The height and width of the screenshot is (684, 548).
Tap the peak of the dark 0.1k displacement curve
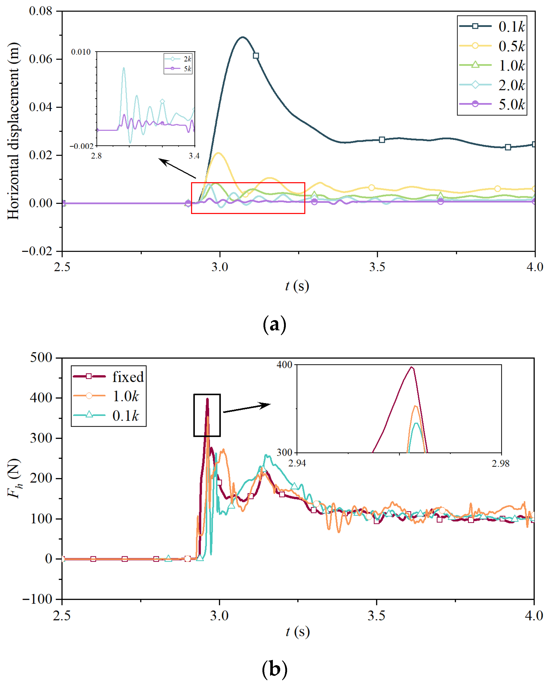[243, 37]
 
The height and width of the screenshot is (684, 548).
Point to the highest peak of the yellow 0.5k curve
[218, 153]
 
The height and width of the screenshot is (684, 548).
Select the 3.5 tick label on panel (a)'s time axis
[377, 267]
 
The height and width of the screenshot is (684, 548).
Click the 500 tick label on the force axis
[41, 358]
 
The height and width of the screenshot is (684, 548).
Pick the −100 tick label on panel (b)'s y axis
[37, 599]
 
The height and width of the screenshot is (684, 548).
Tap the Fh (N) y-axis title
[14, 478]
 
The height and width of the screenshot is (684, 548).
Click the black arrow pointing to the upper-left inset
[177, 168]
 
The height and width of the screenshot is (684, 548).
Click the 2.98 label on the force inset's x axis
[500, 464]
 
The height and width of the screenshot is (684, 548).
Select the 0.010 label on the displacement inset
[81, 52]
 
